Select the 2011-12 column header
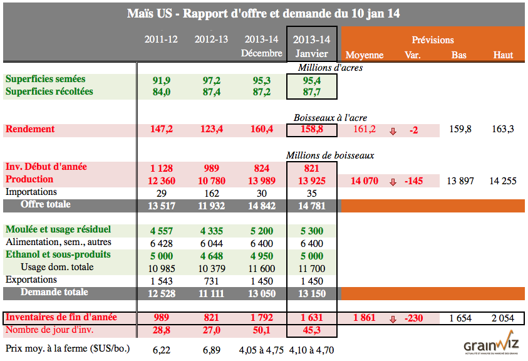(161, 39)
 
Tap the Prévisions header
(433, 40)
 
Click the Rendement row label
(30, 130)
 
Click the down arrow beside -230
(393, 318)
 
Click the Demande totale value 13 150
(311, 293)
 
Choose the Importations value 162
(211, 192)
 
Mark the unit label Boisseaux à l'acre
(330, 117)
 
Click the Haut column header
(503, 55)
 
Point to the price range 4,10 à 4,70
(313, 349)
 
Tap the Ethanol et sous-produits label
(58, 254)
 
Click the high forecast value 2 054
(503, 318)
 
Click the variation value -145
(414, 180)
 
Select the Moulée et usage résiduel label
(58, 229)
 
